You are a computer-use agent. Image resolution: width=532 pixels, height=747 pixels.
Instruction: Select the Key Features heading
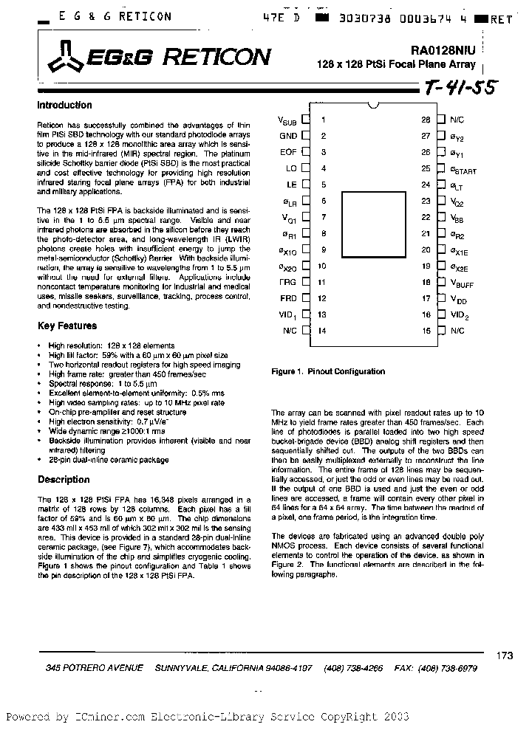click(x=67, y=326)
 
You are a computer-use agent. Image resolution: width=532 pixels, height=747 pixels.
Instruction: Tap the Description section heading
click(x=64, y=480)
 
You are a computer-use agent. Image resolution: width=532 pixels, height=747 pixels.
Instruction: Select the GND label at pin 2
click(x=288, y=136)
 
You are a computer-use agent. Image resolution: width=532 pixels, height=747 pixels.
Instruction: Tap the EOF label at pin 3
click(x=288, y=152)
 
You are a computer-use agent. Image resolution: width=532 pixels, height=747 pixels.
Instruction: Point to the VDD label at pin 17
click(x=459, y=299)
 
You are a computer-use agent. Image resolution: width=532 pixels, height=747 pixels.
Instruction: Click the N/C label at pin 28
click(x=457, y=119)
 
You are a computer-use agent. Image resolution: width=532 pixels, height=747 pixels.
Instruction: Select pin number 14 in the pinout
click(x=322, y=331)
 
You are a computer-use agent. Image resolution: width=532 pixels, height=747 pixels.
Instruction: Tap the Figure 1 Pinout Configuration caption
click(x=328, y=372)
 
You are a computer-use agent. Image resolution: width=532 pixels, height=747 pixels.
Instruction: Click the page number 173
click(x=505, y=654)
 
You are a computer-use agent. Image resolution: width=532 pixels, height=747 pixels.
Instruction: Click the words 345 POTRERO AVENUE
click(x=94, y=668)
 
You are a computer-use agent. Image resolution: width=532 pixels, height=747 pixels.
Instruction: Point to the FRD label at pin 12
click(x=288, y=299)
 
